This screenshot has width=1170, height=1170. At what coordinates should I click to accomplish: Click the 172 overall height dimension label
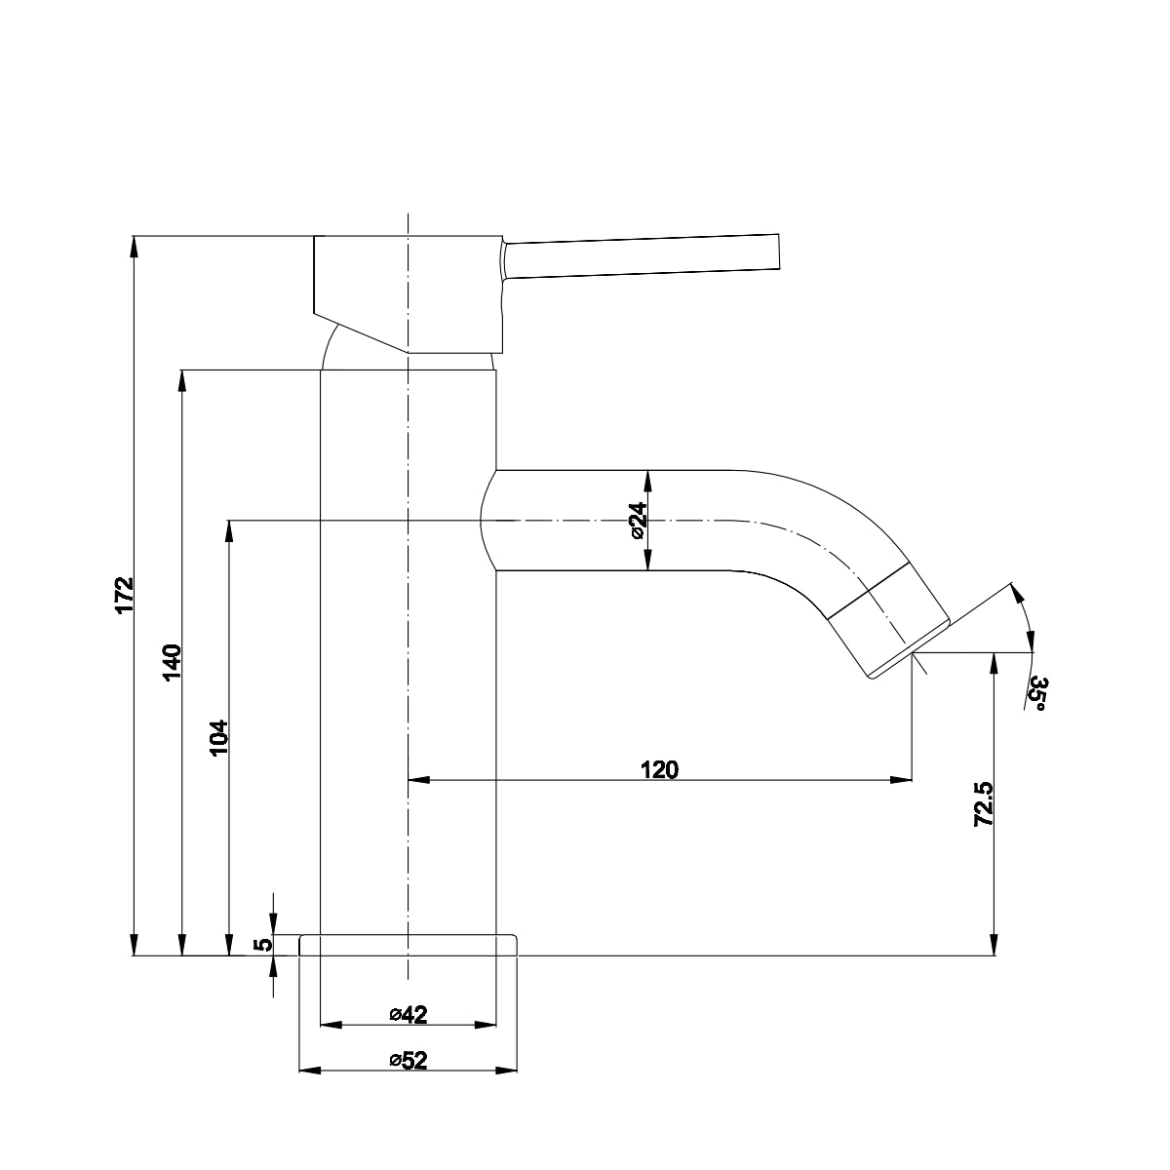coord(123,596)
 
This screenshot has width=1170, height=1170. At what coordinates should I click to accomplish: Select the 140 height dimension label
coord(171,662)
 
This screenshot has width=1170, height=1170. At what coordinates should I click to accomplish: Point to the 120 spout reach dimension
coord(659,769)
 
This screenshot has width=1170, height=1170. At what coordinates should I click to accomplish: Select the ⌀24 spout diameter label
coord(636,521)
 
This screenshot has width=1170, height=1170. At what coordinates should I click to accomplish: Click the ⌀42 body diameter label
coord(409,1015)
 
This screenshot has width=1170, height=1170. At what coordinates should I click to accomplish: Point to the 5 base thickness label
coord(260,945)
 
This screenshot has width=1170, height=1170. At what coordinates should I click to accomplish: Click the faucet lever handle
coord(643,256)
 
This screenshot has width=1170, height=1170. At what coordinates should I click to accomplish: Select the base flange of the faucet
coord(409,945)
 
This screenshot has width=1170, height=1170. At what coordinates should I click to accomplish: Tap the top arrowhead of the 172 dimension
coord(135,246)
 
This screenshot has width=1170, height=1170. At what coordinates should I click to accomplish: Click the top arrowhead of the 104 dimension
coord(229,530)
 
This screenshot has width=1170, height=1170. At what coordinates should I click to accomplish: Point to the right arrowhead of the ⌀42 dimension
coord(487,1026)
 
